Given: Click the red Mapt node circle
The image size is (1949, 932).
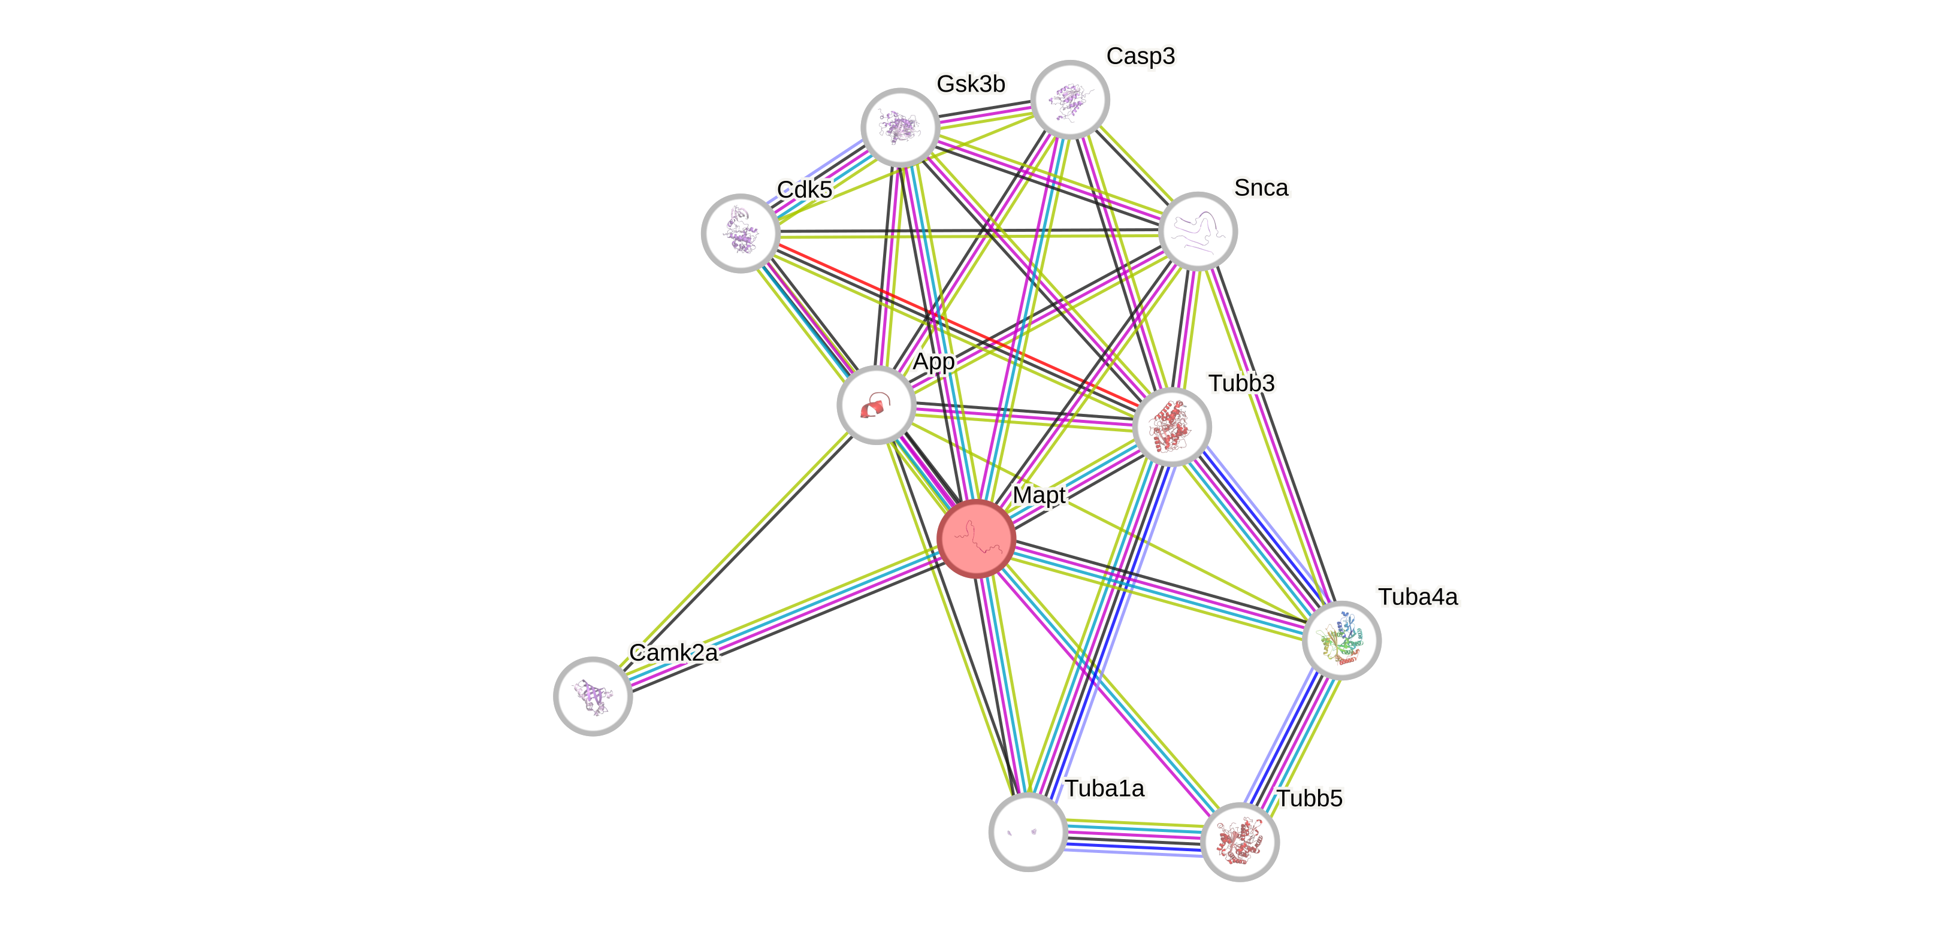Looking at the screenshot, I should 976,538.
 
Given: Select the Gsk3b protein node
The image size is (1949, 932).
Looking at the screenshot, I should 901,127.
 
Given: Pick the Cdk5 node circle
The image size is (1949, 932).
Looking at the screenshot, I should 741,233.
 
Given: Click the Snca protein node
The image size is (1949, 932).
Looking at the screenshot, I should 1198,231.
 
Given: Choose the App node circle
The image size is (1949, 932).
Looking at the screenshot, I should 876,405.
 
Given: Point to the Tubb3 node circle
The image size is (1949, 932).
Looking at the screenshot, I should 1172,426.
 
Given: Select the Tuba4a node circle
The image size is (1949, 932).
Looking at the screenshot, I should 1341,640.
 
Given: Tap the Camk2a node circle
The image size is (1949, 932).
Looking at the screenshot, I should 593,696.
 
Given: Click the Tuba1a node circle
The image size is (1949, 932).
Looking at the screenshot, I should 1028,832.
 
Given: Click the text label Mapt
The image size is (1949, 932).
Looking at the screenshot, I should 1039,495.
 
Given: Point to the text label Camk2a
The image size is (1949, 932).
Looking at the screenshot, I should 673,652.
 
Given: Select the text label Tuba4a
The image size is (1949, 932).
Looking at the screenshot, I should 1418,597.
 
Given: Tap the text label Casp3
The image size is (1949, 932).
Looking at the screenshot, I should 1140,56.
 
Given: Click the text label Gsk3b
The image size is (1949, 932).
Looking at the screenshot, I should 970,83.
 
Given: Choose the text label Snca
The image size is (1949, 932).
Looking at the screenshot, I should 1261,187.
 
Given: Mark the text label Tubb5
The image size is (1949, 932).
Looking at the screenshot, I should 1309,798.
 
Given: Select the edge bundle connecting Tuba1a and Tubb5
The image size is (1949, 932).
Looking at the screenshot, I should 1134,837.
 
